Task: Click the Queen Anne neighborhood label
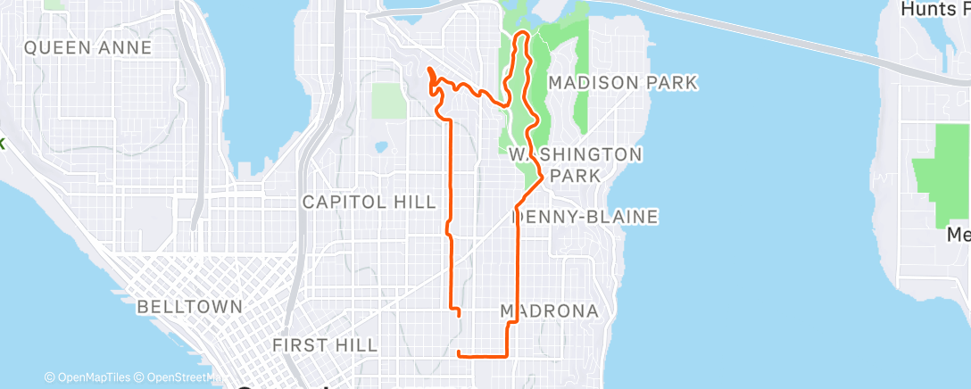[87, 48]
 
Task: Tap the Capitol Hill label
[369, 203]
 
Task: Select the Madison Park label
[622, 83]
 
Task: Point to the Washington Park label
[576, 164]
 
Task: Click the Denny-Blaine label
[586, 217]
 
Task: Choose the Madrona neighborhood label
[549, 310]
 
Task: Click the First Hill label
[325, 344]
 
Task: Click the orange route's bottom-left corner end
[459, 354]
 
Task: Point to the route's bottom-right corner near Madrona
[508, 354]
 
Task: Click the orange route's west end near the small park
[429, 69]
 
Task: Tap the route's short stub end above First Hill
[459, 315]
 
